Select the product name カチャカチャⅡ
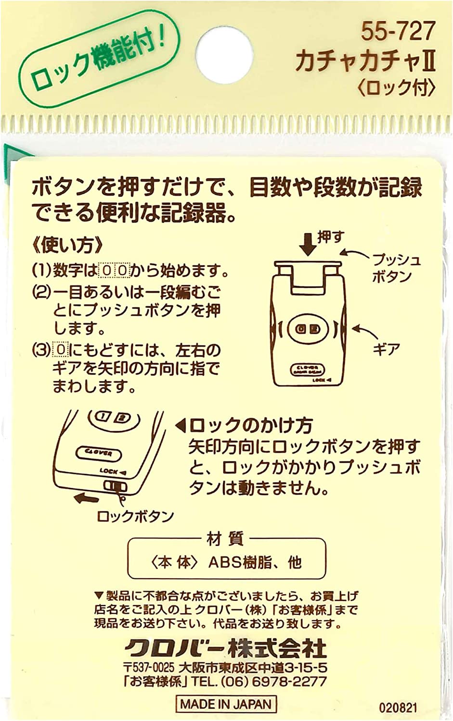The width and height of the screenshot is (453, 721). point(365,62)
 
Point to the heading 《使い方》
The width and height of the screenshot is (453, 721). point(67,245)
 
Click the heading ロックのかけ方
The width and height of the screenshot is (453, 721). point(250,425)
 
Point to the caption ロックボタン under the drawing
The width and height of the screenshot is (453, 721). point(135,516)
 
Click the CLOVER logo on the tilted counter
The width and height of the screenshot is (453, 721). point(99,453)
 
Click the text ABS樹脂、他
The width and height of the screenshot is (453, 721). point(255,562)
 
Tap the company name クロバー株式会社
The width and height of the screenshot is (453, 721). point(226,648)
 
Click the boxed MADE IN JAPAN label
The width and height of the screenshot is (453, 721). point(226,704)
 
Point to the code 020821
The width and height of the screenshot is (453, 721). point(398,708)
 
